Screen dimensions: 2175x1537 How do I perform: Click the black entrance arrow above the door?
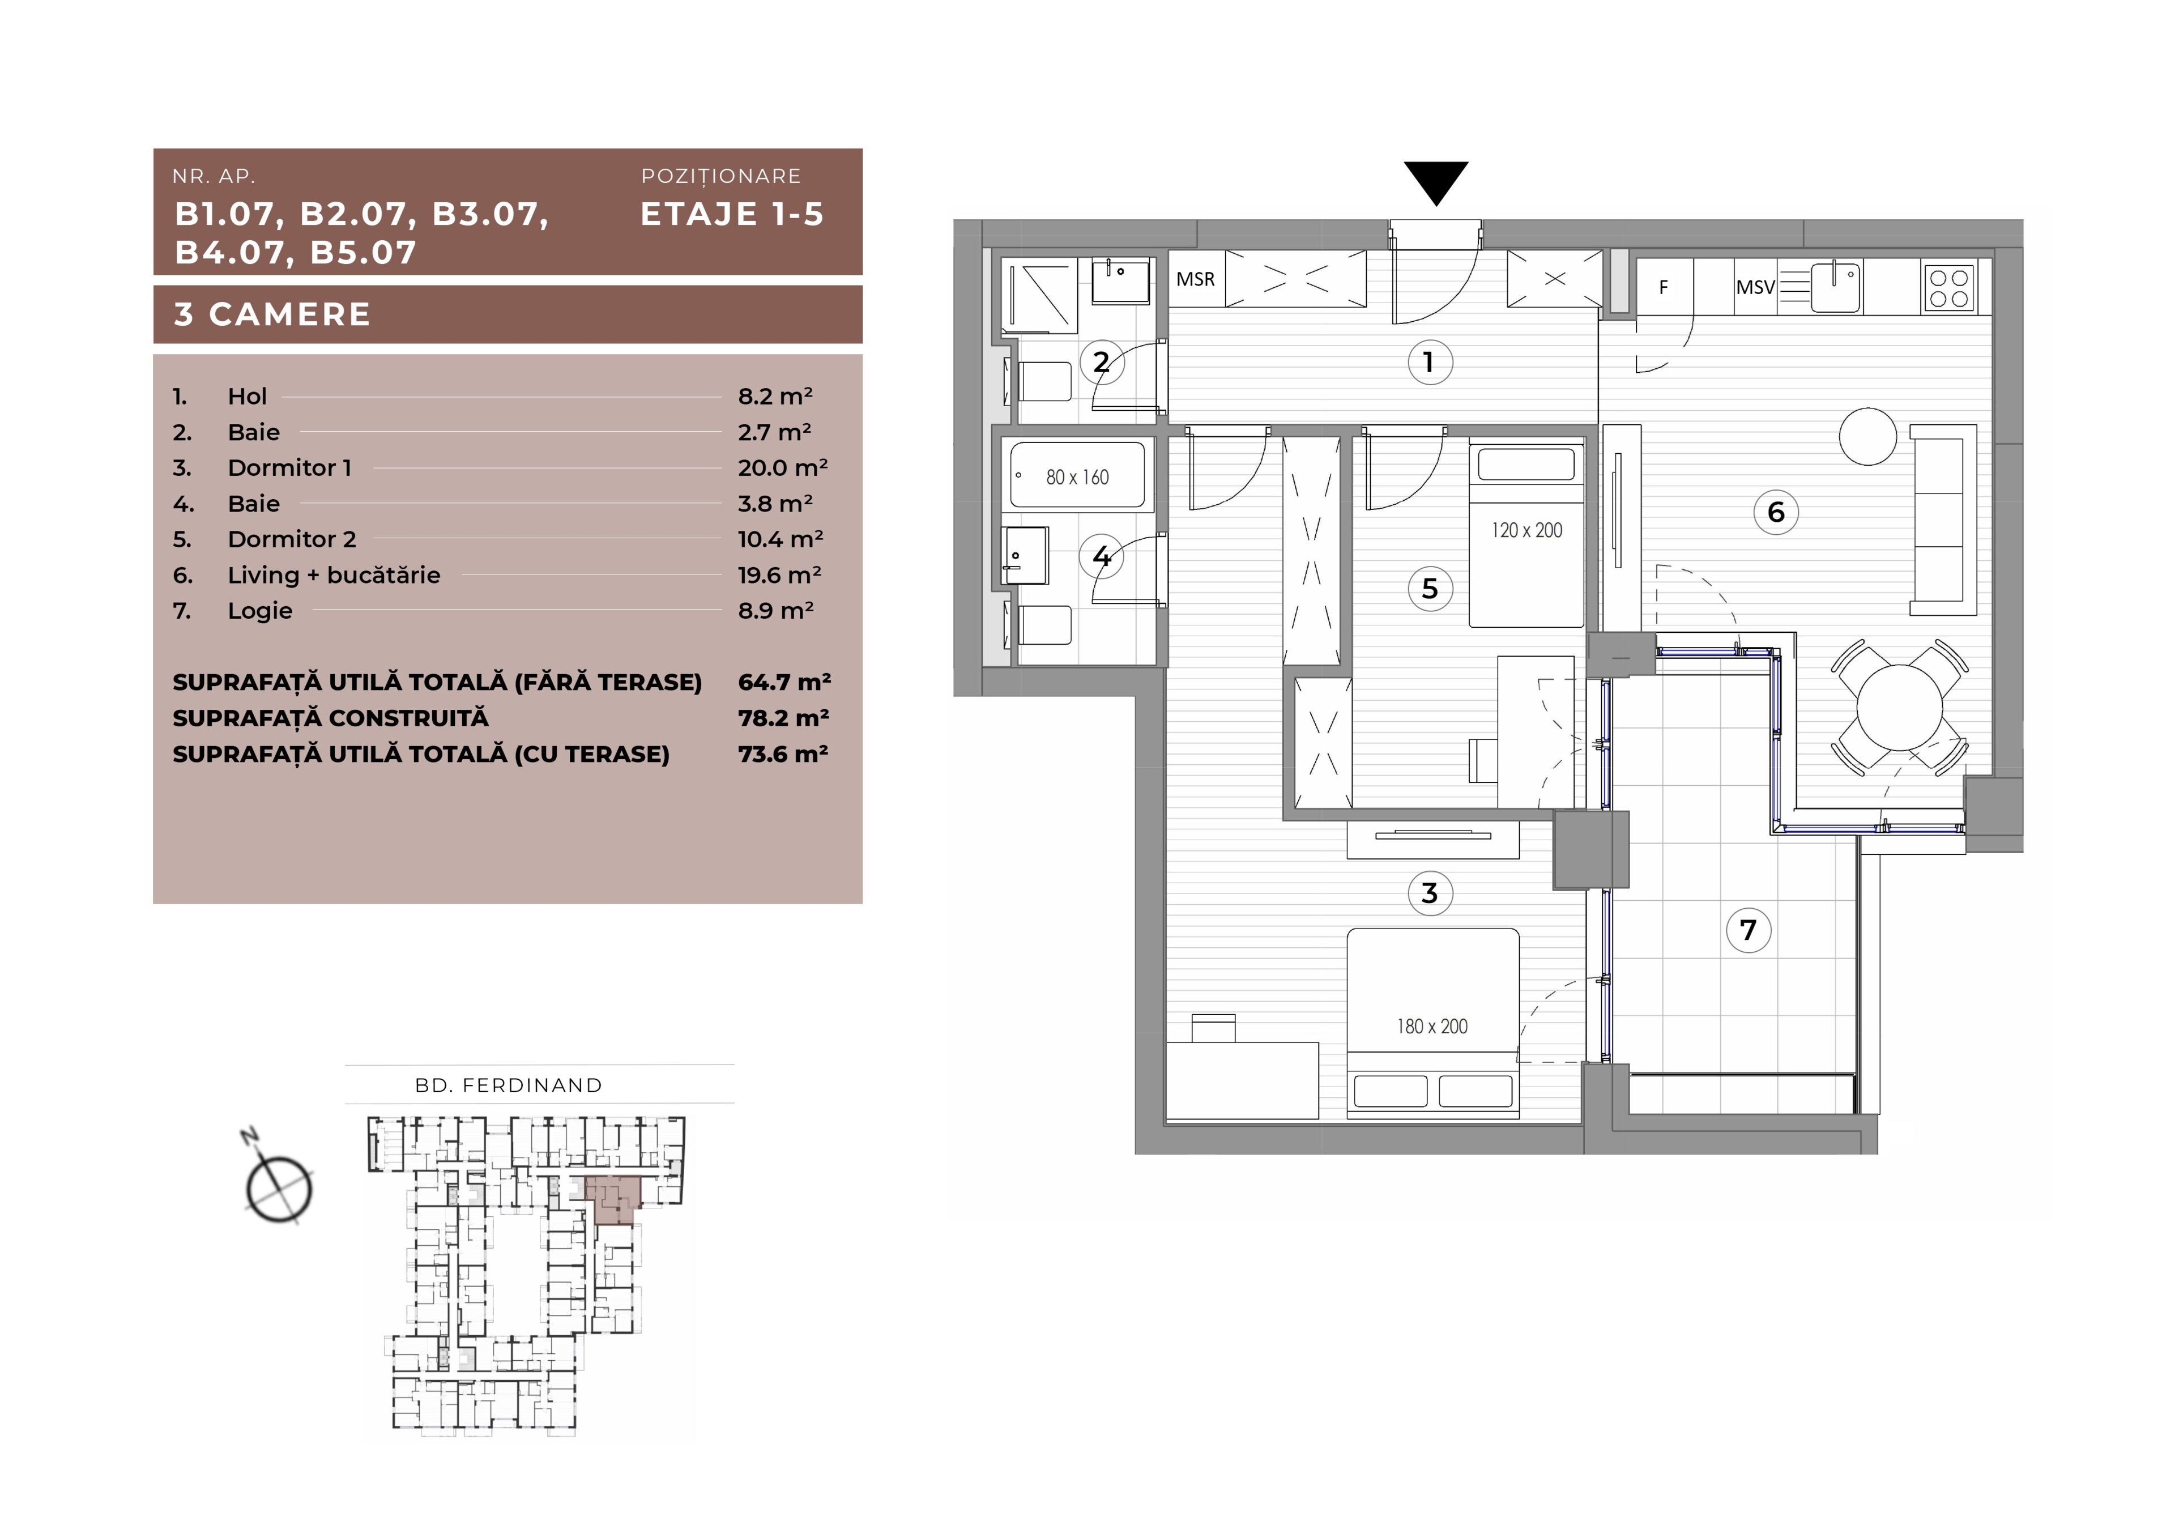(x=1435, y=182)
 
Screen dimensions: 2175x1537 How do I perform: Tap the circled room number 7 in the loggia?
(x=1748, y=930)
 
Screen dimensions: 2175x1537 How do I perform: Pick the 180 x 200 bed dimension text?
(x=1431, y=1026)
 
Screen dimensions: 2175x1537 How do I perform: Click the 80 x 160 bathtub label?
(x=1077, y=478)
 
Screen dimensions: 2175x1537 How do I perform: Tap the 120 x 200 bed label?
(x=1526, y=531)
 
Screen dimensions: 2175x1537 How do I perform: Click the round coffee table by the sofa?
(x=1867, y=437)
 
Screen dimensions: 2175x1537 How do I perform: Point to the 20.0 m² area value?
(x=782, y=467)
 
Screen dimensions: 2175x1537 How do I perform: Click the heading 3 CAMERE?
(x=273, y=314)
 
